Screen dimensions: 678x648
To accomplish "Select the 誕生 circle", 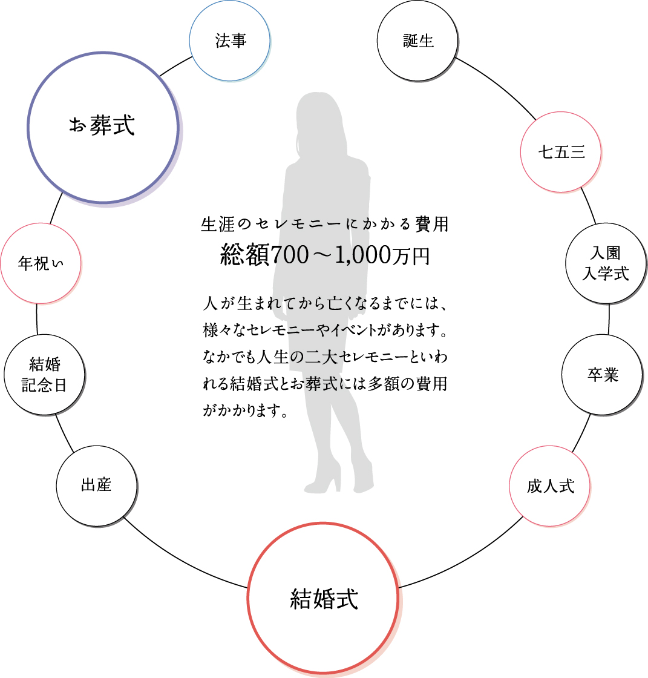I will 418,41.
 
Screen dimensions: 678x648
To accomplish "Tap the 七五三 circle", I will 561,152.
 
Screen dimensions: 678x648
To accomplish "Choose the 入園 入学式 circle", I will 605,263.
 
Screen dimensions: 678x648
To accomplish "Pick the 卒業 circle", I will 603,375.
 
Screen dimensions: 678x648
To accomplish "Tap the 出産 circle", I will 96,485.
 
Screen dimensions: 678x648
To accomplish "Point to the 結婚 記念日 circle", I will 44,375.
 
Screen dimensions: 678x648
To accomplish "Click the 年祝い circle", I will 41,263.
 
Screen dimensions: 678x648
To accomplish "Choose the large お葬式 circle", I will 102,127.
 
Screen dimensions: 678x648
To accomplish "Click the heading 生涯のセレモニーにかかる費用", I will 324,225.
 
